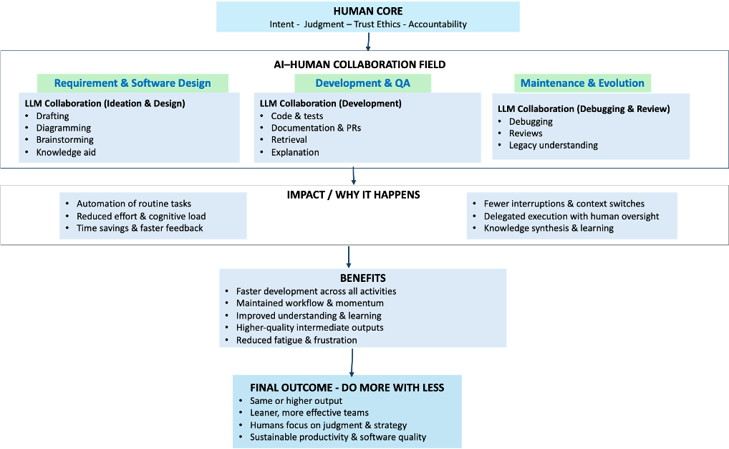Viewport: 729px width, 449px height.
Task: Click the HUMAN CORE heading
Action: coord(368,11)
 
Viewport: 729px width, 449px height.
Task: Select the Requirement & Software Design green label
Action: coord(132,82)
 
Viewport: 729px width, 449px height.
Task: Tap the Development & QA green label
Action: coord(363,82)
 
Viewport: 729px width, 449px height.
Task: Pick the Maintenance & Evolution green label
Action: coord(582,82)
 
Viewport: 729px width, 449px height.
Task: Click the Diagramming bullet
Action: coord(64,128)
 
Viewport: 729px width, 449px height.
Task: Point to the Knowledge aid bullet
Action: coord(66,152)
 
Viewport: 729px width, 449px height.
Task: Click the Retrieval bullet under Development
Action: coord(289,140)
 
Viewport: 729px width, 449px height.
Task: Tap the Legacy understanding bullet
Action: coord(554,145)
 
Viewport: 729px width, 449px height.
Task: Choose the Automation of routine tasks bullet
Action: coord(134,204)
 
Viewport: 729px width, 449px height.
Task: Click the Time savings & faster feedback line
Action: coord(140,228)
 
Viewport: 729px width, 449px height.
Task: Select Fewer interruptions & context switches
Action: coord(564,204)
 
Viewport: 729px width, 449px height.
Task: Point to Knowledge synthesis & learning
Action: coord(549,228)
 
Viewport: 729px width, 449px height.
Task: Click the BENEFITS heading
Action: coord(363,278)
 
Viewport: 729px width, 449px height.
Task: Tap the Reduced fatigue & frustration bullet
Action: coord(296,340)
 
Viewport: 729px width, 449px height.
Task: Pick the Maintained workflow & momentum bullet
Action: coord(305,303)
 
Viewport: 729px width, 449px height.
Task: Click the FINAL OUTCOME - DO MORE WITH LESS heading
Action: coord(347,387)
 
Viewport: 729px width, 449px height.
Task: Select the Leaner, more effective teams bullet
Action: coord(309,412)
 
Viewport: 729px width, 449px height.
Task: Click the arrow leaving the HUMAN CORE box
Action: coord(368,42)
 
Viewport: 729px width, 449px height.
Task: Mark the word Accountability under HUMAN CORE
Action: coord(438,24)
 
